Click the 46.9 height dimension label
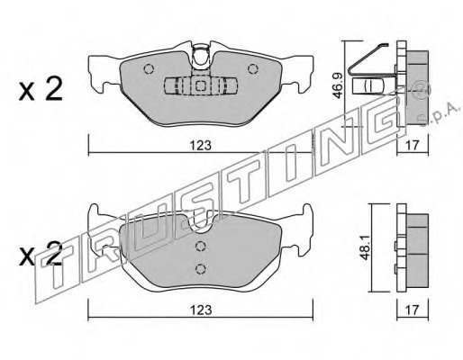pyautogui.click(x=338, y=86)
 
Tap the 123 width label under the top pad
pyautogui.click(x=200, y=146)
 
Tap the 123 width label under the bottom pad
pyautogui.click(x=200, y=310)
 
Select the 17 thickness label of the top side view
pyautogui.click(x=412, y=146)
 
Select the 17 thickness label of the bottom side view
pyautogui.click(x=412, y=310)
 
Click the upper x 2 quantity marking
pyautogui.click(x=41, y=89)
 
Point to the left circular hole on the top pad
pyautogui.click(x=149, y=69)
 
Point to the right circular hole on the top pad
pyautogui.click(x=253, y=69)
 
